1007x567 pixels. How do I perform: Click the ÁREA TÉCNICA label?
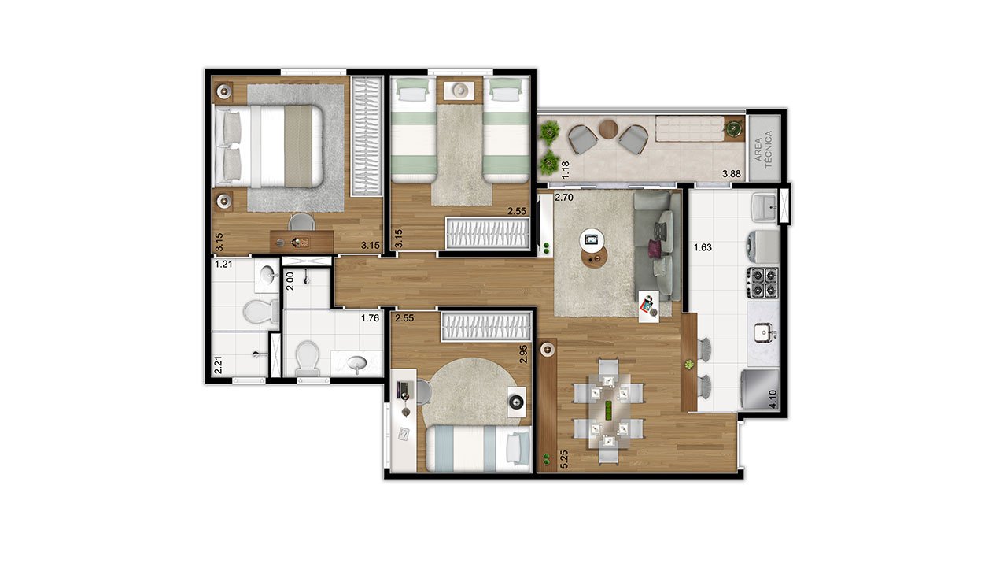[x=762, y=150]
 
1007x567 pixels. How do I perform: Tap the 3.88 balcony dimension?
[x=732, y=174]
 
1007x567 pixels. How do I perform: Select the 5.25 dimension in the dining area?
[x=565, y=459]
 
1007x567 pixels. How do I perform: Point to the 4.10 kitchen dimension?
[x=773, y=398]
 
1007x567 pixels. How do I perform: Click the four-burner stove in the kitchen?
[x=763, y=282]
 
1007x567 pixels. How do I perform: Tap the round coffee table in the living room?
[x=594, y=259]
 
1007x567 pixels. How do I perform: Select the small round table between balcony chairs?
[x=609, y=128]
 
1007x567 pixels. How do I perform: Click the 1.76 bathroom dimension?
[x=370, y=318]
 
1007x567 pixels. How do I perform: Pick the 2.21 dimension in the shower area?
[x=218, y=365]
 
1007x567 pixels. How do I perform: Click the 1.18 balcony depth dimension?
[x=566, y=169]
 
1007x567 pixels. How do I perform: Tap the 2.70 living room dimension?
[x=564, y=197]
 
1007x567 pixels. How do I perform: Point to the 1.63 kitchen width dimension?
[x=703, y=247]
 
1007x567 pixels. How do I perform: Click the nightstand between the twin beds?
[x=459, y=90]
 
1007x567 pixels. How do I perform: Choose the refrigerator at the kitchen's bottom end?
[x=760, y=390]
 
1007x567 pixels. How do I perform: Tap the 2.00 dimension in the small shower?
[x=290, y=281]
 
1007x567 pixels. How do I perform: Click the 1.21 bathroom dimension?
[x=223, y=264]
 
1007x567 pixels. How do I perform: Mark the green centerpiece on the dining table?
[x=609, y=409]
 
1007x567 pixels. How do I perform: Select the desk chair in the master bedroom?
[x=301, y=222]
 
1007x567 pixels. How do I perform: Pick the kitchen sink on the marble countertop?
[x=765, y=333]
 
